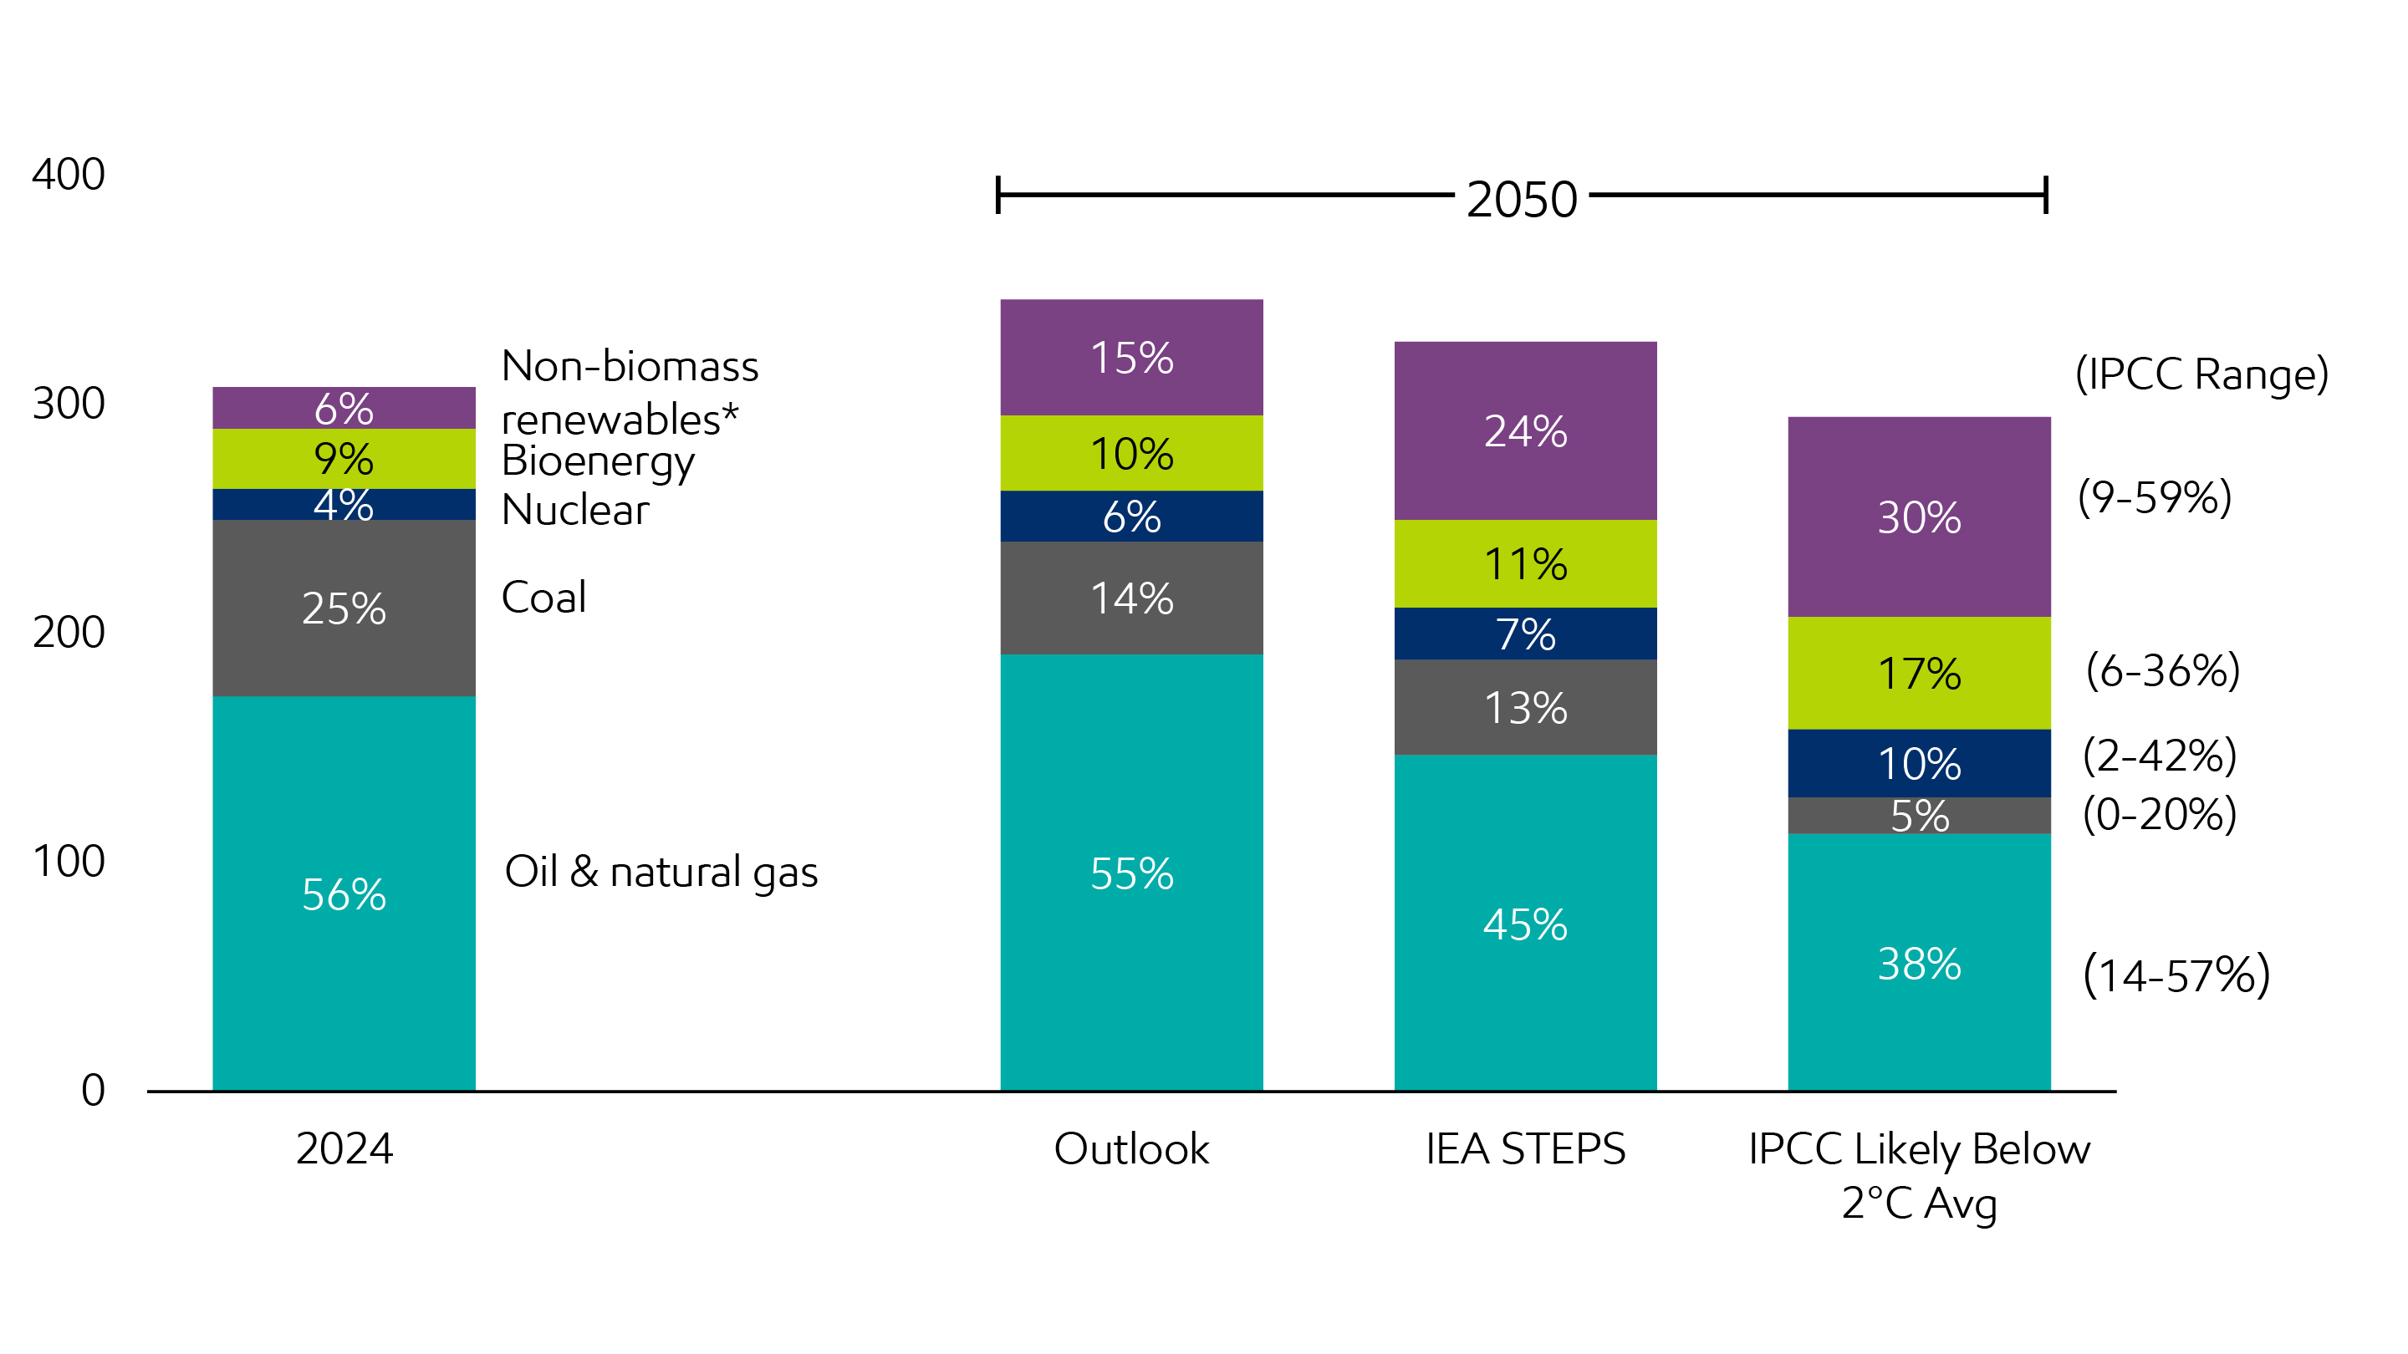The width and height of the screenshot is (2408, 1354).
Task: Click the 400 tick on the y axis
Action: pyautogui.click(x=69, y=175)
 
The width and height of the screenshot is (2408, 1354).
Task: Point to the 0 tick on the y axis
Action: pyautogui.click(x=93, y=1090)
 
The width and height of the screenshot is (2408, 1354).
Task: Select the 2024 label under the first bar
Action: pyautogui.click(x=344, y=1148)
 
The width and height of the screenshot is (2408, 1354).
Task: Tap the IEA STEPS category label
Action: pyautogui.click(x=1524, y=1148)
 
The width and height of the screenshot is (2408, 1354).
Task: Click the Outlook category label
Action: pyautogui.click(x=1131, y=1148)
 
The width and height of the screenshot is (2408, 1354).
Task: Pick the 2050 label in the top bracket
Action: pyautogui.click(x=1521, y=199)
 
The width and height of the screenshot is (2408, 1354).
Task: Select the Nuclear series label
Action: pyautogui.click(x=575, y=510)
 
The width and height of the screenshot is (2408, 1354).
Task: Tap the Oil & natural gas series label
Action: pyautogui.click(x=661, y=872)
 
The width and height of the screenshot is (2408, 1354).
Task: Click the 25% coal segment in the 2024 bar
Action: pyautogui.click(x=343, y=608)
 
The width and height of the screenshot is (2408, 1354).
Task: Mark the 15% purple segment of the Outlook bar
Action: pyautogui.click(x=1131, y=358)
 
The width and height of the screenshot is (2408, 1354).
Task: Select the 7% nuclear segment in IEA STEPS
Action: pyautogui.click(x=1524, y=634)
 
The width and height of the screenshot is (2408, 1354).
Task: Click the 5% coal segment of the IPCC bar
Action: pyautogui.click(x=1918, y=816)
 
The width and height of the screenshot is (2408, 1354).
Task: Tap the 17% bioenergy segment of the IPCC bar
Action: pyautogui.click(x=1918, y=674)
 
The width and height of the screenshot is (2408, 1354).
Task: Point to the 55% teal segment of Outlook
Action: pyautogui.click(x=1131, y=873)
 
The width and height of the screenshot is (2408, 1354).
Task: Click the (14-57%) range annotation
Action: pyautogui.click(x=2176, y=975)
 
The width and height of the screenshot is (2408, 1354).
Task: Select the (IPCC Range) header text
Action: pyautogui.click(x=2201, y=374)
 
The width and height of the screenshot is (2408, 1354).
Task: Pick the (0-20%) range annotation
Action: pyautogui.click(x=2160, y=814)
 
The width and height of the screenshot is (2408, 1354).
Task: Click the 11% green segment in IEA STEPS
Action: pyautogui.click(x=1524, y=564)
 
